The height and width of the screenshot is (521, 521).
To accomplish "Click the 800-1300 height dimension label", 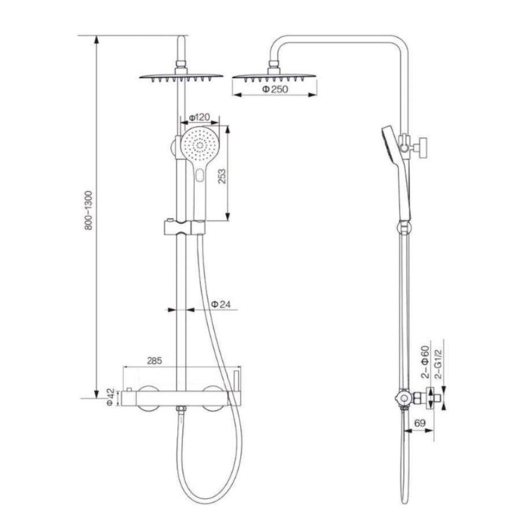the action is (x=89, y=210).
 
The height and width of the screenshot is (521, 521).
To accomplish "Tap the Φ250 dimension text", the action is (x=275, y=89).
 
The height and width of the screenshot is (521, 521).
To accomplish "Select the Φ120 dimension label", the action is (x=199, y=118).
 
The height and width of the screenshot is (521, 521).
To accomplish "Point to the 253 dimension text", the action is (x=222, y=176).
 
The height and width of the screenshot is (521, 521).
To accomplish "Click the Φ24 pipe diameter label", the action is (x=221, y=304).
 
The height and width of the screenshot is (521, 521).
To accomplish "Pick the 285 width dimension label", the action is (x=155, y=361).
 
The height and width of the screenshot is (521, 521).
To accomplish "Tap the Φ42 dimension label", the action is (x=111, y=397).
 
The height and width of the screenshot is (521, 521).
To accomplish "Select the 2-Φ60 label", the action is (x=425, y=362).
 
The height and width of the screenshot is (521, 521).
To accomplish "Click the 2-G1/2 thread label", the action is (x=438, y=364).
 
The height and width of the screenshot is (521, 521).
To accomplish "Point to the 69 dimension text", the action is (x=420, y=423).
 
